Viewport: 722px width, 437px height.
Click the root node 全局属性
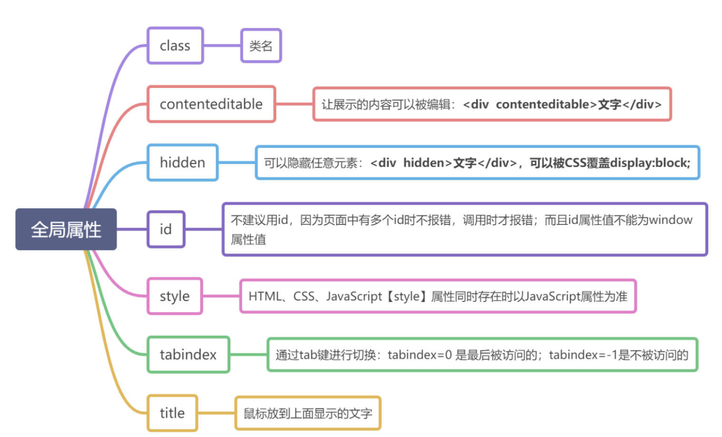tap(66, 229)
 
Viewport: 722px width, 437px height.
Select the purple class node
tap(175, 46)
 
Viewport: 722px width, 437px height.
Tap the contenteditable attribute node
tap(211, 104)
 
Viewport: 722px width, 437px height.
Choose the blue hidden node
tap(183, 163)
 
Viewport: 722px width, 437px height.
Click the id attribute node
tap(166, 229)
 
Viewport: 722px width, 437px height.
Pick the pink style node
tap(175, 296)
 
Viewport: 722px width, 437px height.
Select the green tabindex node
tap(188, 355)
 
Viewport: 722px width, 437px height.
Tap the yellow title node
tap(172, 413)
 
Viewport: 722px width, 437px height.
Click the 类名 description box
tap(261, 46)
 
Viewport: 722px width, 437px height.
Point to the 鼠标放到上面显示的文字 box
tap(308, 413)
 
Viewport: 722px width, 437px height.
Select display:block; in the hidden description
tap(650, 163)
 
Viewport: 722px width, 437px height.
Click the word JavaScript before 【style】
tap(354, 296)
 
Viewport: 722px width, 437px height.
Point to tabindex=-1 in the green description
tap(583, 355)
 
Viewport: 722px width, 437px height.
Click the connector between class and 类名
tap(222, 46)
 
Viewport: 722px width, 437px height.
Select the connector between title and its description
tap(216, 413)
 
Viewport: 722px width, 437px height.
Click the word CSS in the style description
tap(304, 296)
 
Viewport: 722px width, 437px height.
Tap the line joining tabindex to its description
tap(248, 355)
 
